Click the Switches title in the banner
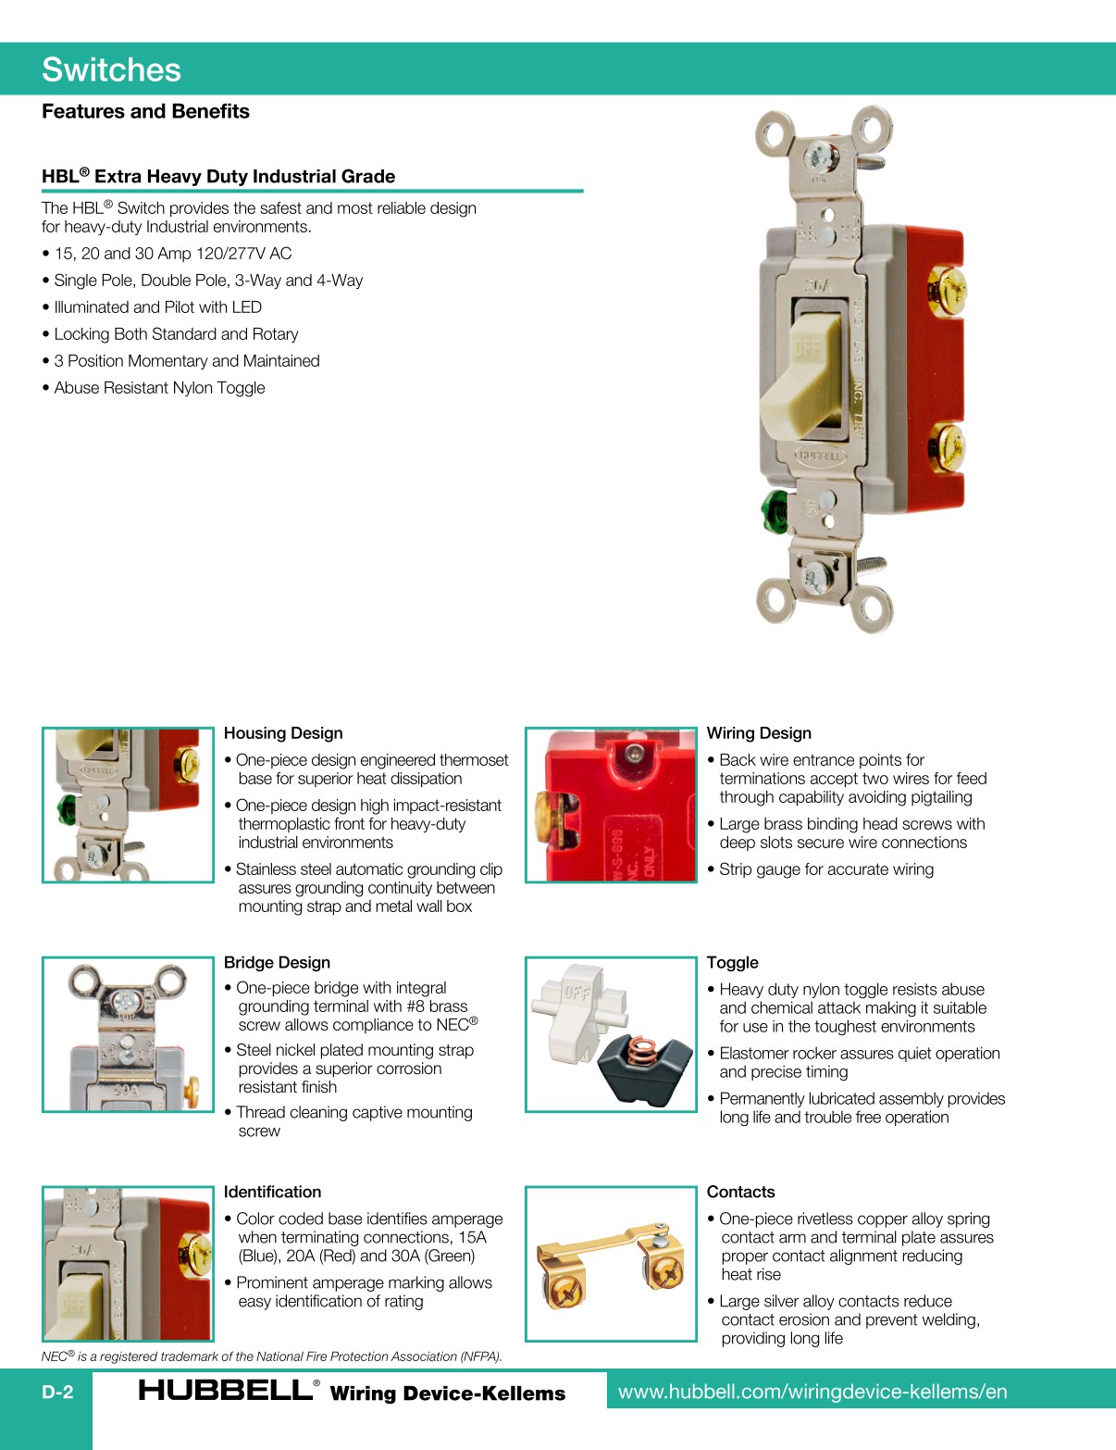click(x=111, y=70)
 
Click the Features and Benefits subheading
click(x=145, y=111)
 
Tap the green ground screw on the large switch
click(x=771, y=510)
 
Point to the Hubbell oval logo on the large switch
click(x=820, y=456)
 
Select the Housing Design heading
click(x=283, y=733)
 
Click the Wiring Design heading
click(x=759, y=733)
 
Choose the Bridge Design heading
click(x=277, y=963)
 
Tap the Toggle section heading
click(x=732, y=963)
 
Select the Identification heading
click(x=272, y=1193)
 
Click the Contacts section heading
click(x=740, y=1193)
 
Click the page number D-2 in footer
click(x=57, y=1393)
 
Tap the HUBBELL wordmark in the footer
click(x=225, y=1391)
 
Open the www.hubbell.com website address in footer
click(x=812, y=1392)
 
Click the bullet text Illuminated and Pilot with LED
click(x=157, y=307)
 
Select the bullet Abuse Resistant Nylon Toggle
click(x=159, y=388)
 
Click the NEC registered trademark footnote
click(x=271, y=1356)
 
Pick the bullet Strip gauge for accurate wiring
click(x=825, y=869)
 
